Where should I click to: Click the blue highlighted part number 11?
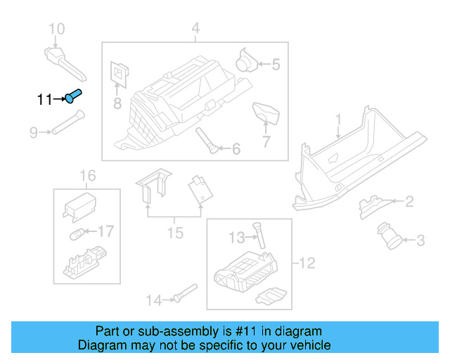click(73, 96)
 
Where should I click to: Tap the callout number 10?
click(56, 29)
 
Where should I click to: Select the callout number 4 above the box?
click(195, 29)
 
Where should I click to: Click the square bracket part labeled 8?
click(120, 72)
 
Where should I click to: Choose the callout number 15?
click(175, 233)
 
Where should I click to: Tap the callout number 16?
click(86, 175)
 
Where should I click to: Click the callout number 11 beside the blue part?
click(44, 100)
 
